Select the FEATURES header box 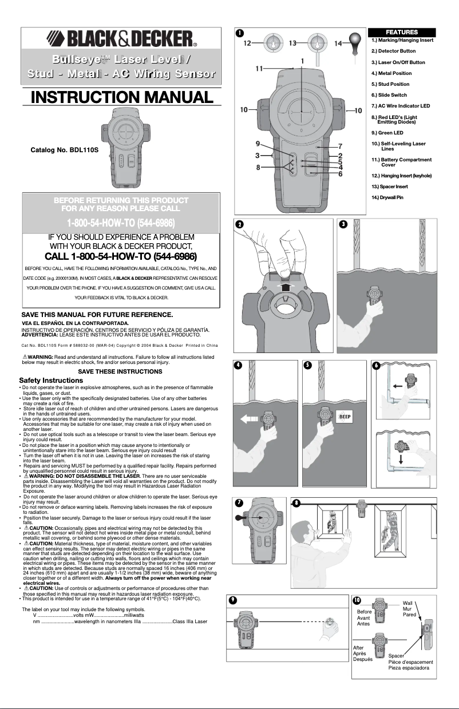tap(402, 32)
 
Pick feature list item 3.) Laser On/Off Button tap(398, 62)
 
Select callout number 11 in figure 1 tap(259, 68)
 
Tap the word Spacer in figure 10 tap(396, 655)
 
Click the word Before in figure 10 tap(364, 611)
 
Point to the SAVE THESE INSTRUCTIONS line tap(120, 372)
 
